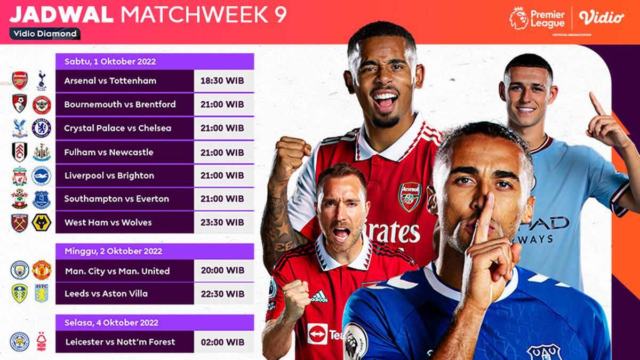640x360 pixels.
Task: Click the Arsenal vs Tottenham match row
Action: coord(110,81)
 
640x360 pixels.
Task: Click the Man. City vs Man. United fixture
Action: coord(117,271)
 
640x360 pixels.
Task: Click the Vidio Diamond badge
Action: coord(45,34)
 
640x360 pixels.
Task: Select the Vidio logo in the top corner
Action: coord(601,18)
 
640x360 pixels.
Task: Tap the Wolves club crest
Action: coord(41,222)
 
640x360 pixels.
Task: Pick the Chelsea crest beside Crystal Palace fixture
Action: coord(41,128)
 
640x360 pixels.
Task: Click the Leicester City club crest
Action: coord(20,341)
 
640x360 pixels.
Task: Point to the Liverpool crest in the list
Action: coord(20,175)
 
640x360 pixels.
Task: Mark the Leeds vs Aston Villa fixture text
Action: coord(106,294)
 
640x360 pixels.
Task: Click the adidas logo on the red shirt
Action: coord(319,297)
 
